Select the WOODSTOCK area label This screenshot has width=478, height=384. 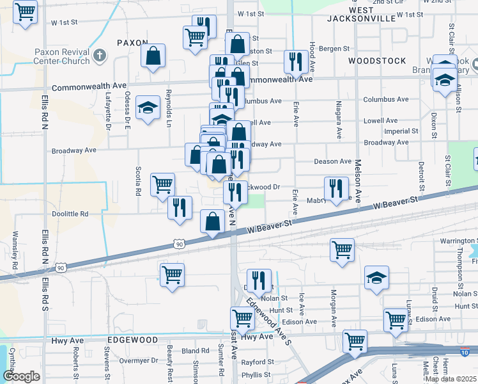point(377,60)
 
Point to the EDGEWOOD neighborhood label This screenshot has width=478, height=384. point(132,339)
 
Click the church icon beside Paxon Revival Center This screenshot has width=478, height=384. point(98,55)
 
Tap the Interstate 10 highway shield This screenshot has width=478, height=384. point(468,351)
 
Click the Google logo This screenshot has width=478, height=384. point(21,376)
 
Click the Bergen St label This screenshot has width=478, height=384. point(335,48)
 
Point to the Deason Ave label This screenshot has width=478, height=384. point(333,162)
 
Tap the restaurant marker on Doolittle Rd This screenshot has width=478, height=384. point(180,207)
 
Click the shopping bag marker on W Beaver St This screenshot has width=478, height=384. point(212,221)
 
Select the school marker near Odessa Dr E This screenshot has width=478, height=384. point(148,108)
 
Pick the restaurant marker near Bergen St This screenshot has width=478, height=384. point(295,61)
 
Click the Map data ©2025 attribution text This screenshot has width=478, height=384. point(451,378)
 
